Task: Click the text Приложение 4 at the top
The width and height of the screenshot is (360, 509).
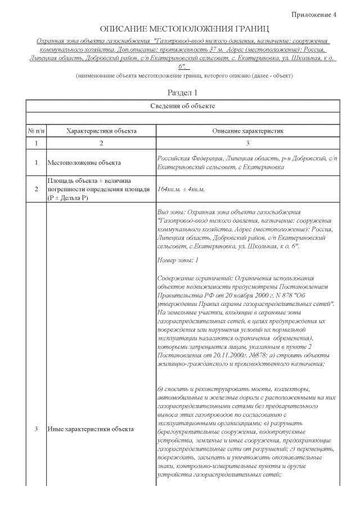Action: pos(314,14)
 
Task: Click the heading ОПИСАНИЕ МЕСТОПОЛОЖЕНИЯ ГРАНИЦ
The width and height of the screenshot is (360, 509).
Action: pos(184,28)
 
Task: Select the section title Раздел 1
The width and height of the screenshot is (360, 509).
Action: pos(183,92)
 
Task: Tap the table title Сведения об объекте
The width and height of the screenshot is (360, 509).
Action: pos(183,106)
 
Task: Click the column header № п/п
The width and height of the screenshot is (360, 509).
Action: pos(37,130)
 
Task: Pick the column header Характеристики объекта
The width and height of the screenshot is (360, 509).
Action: pos(101,130)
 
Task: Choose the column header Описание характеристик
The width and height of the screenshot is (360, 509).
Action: pos(247,130)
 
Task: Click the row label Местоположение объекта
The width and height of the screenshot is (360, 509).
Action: pos(84,163)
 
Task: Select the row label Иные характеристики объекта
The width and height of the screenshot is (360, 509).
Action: pos(91,430)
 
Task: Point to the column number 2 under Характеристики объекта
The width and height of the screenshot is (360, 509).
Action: pos(101,144)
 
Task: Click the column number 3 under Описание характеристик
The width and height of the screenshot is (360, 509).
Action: pos(247,144)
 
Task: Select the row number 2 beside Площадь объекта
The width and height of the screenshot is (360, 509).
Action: pos(37,189)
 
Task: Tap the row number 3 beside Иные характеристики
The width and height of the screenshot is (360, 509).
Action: pos(37,430)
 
